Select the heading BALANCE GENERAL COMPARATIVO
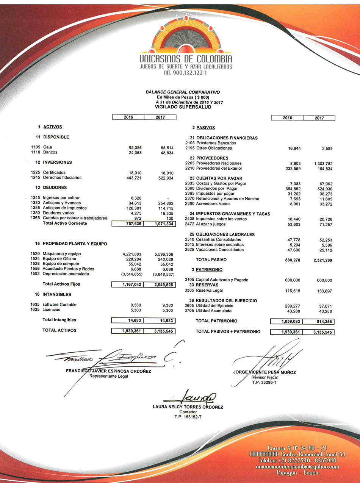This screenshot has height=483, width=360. (x=183, y=92)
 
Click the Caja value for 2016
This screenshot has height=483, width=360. (x=135, y=147)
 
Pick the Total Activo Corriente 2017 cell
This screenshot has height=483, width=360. (x=160, y=224)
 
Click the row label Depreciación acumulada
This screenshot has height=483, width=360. (x=66, y=274)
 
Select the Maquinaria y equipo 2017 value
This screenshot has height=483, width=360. (x=164, y=254)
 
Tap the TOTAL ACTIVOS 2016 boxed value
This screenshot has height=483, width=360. (x=128, y=331)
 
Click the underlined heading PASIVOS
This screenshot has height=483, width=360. (x=205, y=128)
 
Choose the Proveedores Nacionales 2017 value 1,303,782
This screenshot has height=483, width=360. (x=323, y=164)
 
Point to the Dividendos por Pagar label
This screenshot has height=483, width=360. (x=217, y=189)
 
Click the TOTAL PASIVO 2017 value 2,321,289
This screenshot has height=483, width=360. (x=323, y=260)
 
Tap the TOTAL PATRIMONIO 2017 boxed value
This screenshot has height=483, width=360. (x=319, y=321)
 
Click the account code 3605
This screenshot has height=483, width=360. (x=189, y=306)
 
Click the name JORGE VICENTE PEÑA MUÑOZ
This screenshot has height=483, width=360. (x=265, y=372)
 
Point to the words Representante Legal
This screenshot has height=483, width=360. (x=108, y=377)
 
